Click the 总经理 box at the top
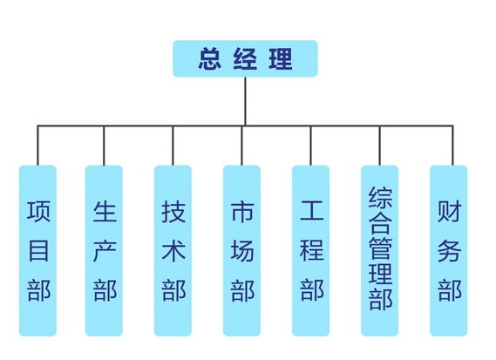click(x=245, y=58)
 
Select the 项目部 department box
click(x=37, y=250)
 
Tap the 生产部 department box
click(x=104, y=250)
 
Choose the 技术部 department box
click(x=173, y=250)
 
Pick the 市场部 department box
click(x=241, y=250)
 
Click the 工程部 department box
click(x=310, y=250)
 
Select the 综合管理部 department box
click(x=379, y=250)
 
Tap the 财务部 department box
click(x=449, y=250)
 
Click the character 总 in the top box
click(x=210, y=58)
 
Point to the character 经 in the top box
click(x=245, y=58)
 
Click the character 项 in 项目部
click(x=38, y=211)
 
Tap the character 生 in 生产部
click(x=105, y=211)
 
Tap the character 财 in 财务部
click(x=450, y=211)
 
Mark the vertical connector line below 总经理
click(x=245, y=101)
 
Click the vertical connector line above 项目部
click(x=37, y=146)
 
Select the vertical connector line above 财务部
click(x=452, y=146)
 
